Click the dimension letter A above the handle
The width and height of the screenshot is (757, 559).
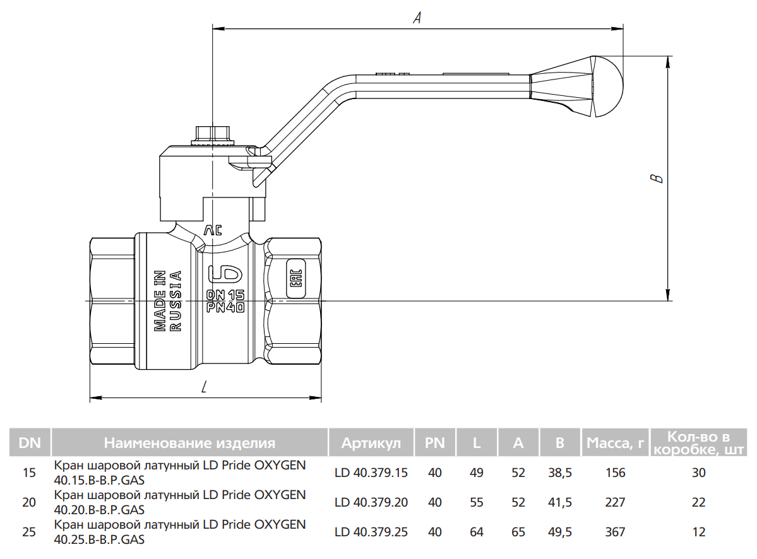pos(417,19)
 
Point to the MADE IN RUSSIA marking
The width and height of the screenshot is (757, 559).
pos(168,301)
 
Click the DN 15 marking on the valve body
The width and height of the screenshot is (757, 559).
pos(225,295)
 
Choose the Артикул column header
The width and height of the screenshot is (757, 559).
pos(371,443)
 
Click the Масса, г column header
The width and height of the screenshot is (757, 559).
pos(615,443)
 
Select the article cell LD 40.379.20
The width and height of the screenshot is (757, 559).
pos(371,503)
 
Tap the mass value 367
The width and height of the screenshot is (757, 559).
pos(615,532)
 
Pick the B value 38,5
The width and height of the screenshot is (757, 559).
pos(559,473)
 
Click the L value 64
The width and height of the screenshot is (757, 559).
pos(477,532)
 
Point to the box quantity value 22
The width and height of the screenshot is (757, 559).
pos(698,503)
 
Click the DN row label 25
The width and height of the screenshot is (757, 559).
pos(29,532)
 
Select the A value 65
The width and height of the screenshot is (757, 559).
pos(518,532)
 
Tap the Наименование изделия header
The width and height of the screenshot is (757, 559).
pos(189,443)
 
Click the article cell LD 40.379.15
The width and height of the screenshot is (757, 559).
pos(371,473)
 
